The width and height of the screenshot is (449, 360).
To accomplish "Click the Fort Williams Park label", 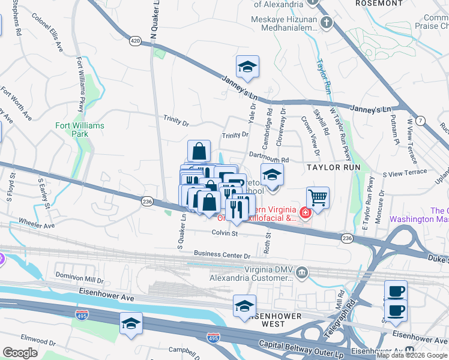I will pyautogui.click(x=80, y=130).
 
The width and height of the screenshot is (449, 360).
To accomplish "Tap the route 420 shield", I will pyautogui.click(x=135, y=41).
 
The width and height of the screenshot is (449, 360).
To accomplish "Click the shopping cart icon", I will pyautogui.click(x=318, y=196).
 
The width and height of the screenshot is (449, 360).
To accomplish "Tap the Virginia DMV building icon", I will pyautogui.click(x=302, y=274).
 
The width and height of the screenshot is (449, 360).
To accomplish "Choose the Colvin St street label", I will pyautogui.click(x=226, y=233).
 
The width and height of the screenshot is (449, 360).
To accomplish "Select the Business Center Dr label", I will pyautogui.click(x=221, y=256).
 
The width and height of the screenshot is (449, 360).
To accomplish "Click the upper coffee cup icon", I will pyautogui.click(x=396, y=291).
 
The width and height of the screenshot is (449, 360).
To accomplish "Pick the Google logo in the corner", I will pyautogui.click(x=20, y=352).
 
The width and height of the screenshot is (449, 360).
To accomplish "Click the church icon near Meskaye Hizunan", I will pyautogui.click(x=326, y=23).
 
